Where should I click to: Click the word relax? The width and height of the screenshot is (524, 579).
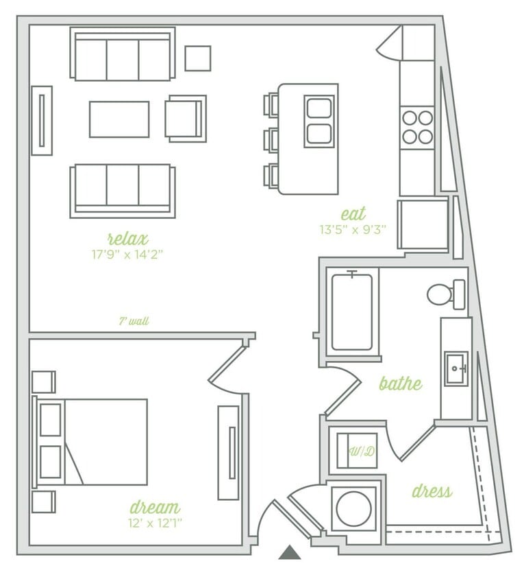coord(128,239)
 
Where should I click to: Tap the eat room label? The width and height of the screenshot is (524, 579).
coord(353,213)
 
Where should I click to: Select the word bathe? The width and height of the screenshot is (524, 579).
coord(400,383)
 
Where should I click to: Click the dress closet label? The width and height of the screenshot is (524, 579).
coord(432,491)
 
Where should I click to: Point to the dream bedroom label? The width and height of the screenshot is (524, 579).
coord(155,508)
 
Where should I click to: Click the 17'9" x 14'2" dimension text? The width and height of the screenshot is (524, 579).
coord(128,254)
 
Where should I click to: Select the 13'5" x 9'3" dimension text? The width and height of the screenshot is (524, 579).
coord(353,230)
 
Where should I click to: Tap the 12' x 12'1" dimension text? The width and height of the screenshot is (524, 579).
coord(155,523)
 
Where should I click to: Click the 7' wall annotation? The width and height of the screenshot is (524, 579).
coord(134,321)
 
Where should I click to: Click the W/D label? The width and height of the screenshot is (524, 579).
coord(361,451)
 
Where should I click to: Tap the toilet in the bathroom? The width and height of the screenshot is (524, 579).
coord(445,294)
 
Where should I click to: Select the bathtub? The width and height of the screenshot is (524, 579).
coord(352,311)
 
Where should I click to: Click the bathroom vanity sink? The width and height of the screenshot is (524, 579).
coord(456,369)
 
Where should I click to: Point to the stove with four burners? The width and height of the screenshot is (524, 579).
coord(417,127)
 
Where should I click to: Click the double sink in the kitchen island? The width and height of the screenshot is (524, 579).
coord(319,121)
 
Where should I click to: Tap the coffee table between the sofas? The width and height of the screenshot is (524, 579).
coord(119,119)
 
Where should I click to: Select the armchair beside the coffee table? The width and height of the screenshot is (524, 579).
coord(185,118)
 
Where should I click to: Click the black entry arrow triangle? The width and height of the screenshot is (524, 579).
coord(290,552)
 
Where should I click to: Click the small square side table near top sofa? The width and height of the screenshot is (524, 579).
coord(197,58)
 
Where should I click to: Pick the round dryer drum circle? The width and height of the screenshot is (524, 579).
coord(353,508)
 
